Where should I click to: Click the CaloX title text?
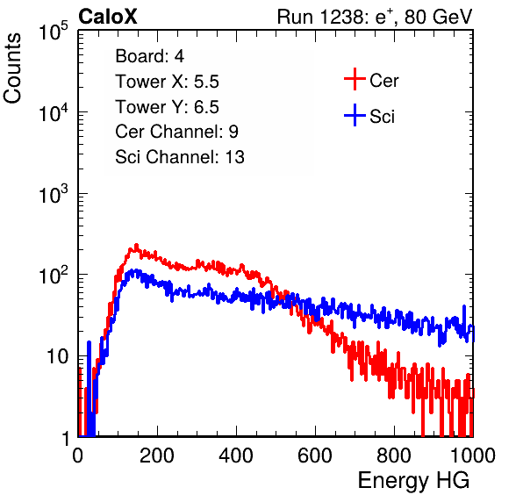pos(107,17)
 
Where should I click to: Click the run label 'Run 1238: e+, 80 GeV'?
pos(375,17)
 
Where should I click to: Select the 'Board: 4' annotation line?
pos(150,56)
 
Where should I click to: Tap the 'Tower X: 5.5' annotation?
pos(167,82)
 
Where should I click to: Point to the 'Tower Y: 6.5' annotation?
pos(167,107)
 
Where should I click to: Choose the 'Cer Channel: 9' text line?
pos(176,132)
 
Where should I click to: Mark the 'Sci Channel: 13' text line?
pos(180,157)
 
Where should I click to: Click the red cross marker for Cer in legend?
pos(355,79)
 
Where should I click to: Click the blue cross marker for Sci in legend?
pos(355,116)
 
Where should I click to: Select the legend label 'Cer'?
pos(383,81)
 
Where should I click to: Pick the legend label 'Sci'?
pos(383,117)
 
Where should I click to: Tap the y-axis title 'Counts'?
pos(12,68)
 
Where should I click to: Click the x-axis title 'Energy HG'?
pos(413,481)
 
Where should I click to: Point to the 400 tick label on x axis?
pos(236,455)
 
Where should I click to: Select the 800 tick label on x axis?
pos(394,455)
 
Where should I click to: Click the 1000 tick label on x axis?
pos(473,455)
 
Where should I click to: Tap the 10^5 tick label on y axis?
pos(54,31)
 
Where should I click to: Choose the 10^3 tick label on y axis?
pos(54,194)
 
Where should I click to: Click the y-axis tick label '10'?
pos(57,357)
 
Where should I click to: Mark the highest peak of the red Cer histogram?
pos(136,245)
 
